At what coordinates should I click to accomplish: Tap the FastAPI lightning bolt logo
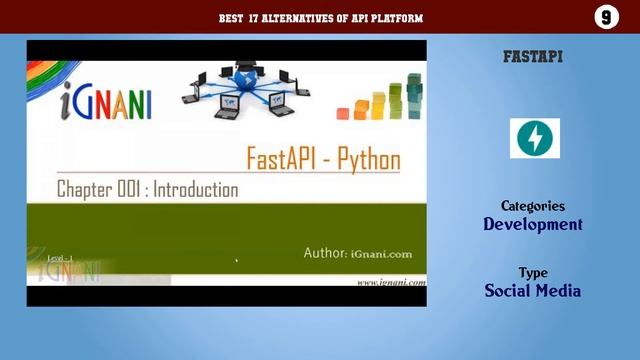click(535, 138)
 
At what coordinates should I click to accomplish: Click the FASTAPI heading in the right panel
click(533, 57)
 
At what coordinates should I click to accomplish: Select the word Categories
click(533, 205)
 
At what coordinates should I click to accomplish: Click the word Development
click(533, 224)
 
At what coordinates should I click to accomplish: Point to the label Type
click(533, 272)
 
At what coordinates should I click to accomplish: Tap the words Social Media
click(533, 291)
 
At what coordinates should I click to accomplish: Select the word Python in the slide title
click(365, 160)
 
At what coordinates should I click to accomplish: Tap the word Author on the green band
click(325, 253)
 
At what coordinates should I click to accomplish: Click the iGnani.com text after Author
click(388, 254)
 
